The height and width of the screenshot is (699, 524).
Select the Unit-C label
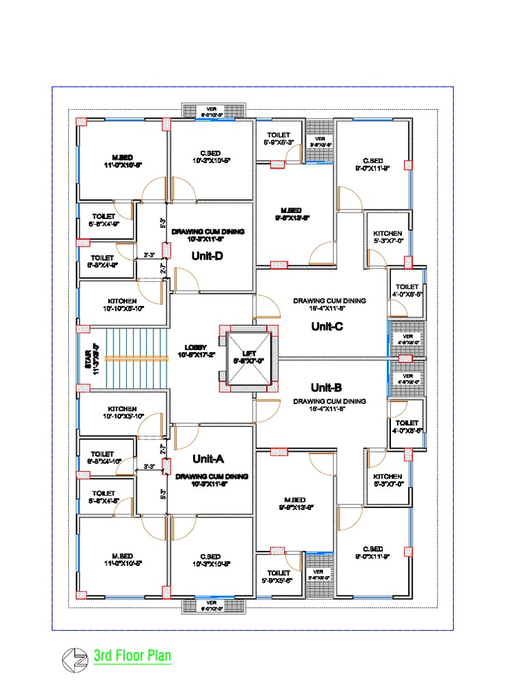(x=327, y=326)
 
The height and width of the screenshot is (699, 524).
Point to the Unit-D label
(x=209, y=256)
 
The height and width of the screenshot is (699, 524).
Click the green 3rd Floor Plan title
(x=132, y=657)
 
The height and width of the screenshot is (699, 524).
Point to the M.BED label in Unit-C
(x=291, y=210)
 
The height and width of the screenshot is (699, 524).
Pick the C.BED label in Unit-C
(x=371, y=161)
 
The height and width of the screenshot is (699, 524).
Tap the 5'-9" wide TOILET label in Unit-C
(x=278, y=135)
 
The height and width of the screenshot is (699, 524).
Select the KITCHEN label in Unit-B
(x=388, y=476)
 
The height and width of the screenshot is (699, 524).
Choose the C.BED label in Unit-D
(x=212, y=154)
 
